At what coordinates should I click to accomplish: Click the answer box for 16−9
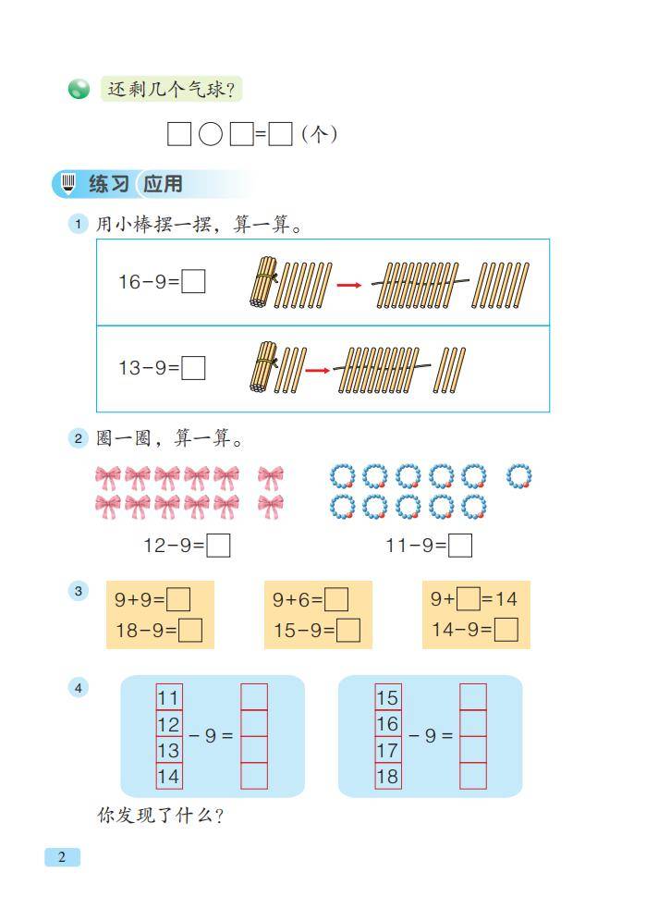(193, 282)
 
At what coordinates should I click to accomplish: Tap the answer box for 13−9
(193, 367)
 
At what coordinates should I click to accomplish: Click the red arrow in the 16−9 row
(348, 285)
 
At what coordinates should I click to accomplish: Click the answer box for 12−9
(218, 545)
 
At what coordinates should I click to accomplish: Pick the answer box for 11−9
(460, 545)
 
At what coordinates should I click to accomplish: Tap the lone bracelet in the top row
(518, 476)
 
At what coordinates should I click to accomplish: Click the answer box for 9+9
(178, 599)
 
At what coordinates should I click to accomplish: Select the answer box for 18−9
(190, 630)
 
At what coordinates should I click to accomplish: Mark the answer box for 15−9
(348, 630)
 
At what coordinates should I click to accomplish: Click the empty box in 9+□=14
(469, 599)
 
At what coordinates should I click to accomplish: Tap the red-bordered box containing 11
(168, 697)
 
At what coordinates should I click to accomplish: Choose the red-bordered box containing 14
(168, 776)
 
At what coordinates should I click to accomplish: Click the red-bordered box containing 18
(387, 776)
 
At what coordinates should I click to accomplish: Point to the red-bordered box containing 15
(387, 697)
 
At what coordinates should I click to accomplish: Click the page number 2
(62, 857)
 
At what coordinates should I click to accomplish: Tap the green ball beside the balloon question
(79, 89)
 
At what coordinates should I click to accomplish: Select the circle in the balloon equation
(211, 134)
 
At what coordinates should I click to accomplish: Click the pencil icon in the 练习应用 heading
(68, 184)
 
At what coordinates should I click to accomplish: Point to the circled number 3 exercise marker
(79, 591)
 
